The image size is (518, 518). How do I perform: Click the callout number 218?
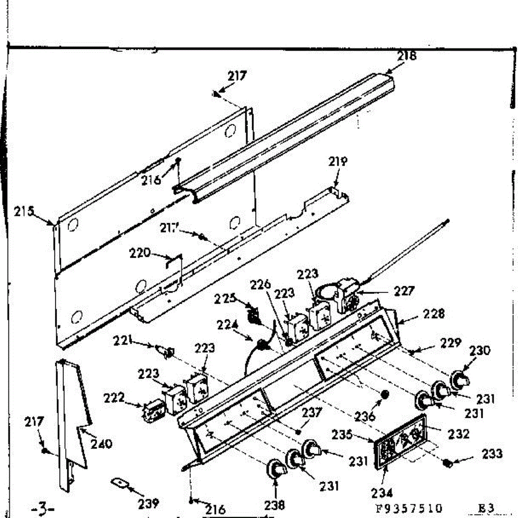click(x=407, y=56)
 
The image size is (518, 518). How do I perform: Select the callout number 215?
click(x=24, y=212)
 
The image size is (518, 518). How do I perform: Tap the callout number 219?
click(x=338, y=162)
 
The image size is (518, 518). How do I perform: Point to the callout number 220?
click(x=140, y=253)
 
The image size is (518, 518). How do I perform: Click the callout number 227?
click(x=404, y=291)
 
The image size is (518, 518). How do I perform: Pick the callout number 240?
click(x=102, y=443)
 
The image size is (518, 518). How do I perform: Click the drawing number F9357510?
click(x=409, y=508)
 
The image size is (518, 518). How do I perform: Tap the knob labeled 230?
click(x=460, y=380)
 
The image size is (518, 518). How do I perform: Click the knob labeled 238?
click(x=276, y=469)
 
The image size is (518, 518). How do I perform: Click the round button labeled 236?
click(x=385, y=395)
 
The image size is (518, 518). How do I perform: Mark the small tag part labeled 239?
click(x=119, y=483)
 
